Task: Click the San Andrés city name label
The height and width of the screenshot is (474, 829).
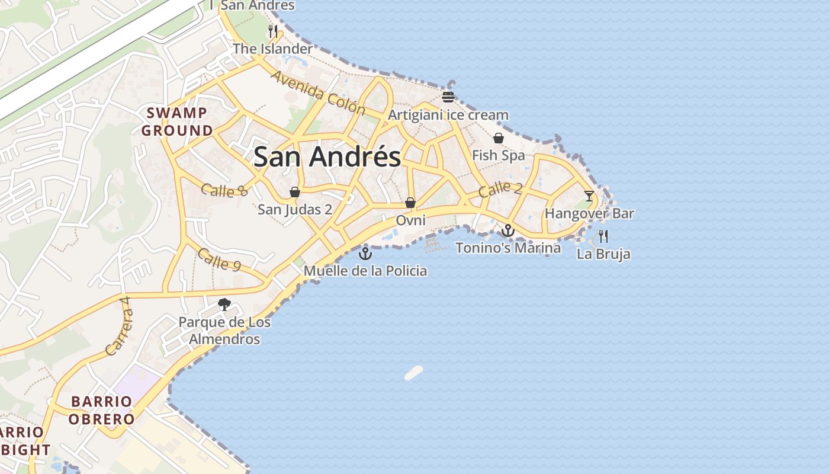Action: pos(327,158)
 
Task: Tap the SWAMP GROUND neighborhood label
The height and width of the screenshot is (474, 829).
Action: pos(177,121)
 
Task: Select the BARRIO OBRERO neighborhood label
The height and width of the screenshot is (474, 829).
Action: pos(101,410)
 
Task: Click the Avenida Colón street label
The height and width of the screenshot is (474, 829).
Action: pos(318,92)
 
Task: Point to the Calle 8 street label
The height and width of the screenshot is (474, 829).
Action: pos(224,190)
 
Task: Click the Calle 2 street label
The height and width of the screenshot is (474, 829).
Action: pos(500,189)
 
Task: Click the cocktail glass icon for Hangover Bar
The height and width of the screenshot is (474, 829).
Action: pos(589,196)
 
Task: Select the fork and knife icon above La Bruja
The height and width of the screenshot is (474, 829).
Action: pos(603,236)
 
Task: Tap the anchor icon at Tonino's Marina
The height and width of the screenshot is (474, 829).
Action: pos(508,230)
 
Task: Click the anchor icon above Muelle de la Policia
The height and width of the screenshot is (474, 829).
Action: pos(365,254)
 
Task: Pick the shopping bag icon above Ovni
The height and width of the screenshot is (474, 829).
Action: pos(410,203)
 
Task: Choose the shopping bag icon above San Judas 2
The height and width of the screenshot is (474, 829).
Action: pos(295,192)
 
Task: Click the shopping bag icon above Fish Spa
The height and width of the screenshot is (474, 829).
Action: pos(499,138)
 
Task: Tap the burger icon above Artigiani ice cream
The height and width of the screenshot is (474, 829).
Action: pos(448,97)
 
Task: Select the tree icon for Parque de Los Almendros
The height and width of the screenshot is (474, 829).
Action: pos(224,305)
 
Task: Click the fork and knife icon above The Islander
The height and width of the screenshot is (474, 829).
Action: pos(272,31)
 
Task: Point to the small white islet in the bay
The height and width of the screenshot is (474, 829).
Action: pos(414,373)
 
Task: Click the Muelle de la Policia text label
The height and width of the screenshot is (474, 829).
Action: pos(365,271)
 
